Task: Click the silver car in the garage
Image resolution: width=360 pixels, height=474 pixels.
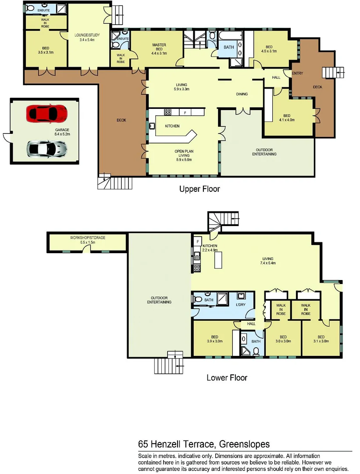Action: coord(47,149)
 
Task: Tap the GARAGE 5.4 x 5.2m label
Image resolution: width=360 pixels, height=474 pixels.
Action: coord(62,132)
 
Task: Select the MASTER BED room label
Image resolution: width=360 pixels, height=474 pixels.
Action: coord(159,47)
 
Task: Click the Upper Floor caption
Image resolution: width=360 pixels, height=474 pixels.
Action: coord(199,189)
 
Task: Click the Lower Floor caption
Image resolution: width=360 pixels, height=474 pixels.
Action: coord(227,377)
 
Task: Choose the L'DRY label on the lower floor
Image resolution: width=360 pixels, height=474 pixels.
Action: coord(241,305)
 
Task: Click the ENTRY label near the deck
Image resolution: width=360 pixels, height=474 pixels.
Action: coord(297,73)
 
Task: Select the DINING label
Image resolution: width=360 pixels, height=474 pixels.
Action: coord(242,94)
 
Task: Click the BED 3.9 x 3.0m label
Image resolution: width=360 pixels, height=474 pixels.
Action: coord(215,338)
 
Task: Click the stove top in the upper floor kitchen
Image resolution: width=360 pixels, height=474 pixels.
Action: coord(168,112)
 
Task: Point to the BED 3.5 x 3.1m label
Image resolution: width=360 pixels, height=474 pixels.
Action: coord(45,50)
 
